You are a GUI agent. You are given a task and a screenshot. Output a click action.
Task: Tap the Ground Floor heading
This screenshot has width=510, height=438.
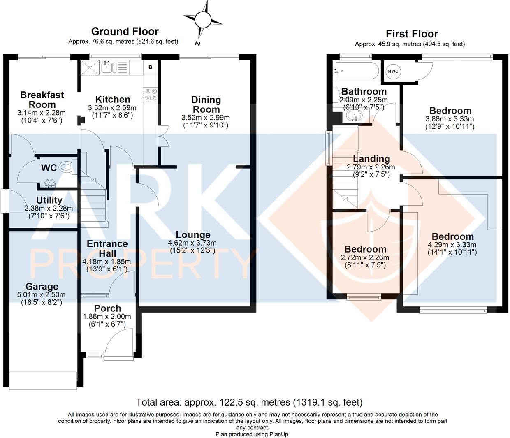[125, 31]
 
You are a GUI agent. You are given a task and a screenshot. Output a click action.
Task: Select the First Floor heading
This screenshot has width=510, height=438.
[412, 34]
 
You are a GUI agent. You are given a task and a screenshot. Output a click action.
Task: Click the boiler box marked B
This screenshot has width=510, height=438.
[151, 67]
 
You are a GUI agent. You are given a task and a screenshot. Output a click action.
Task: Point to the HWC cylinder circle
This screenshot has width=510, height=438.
[393, 71]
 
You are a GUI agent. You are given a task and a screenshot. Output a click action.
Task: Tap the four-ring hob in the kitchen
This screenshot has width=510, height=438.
[149, 95]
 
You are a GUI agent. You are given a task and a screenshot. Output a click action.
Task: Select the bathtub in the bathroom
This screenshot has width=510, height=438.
[357, 71]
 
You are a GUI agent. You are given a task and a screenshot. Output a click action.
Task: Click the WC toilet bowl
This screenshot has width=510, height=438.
[66, 167]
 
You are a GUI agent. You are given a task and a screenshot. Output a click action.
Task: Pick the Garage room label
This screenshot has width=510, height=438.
[42, 286]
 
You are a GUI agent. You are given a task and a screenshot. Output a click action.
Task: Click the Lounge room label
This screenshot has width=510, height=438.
[193, 234]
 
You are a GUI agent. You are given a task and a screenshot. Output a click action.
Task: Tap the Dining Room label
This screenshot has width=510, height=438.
[206, 104]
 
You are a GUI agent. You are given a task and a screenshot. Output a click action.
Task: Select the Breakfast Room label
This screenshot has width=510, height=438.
[42, 100]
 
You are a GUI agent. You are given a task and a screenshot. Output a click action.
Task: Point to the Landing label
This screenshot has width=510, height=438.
[371, 158]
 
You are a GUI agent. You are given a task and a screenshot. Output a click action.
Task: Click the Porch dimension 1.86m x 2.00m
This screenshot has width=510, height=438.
[107, 317]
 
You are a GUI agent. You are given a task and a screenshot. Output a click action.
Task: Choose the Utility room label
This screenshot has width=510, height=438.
[49, 200]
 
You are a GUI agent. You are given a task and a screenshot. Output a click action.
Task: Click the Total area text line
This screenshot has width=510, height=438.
[249, 402]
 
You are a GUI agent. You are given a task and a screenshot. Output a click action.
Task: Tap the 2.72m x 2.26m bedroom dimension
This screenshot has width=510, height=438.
[365, 257]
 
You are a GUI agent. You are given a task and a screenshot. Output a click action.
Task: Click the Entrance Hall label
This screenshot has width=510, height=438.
[107, 248]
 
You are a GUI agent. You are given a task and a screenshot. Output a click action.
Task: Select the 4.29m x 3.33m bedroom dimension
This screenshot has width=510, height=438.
[452, 245]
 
